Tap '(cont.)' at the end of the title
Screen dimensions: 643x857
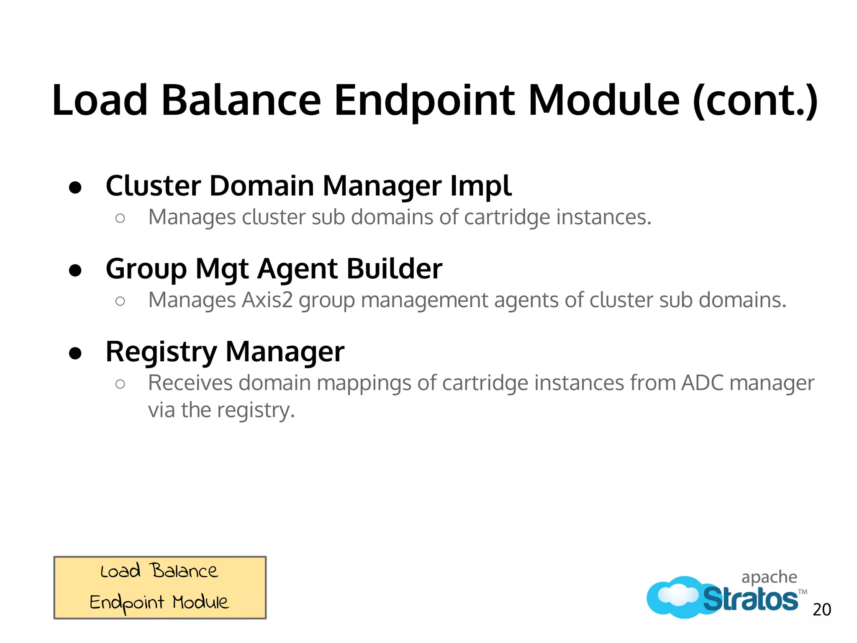(x=755, y=101)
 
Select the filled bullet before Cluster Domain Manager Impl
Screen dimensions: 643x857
(x=75, y=187)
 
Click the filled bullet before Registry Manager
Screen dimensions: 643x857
(x=75, y=353)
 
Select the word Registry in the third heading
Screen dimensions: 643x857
(x=161, y=352)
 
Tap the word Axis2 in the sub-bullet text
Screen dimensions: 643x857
(x=267, y=300)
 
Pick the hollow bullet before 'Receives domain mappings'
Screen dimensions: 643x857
(x=120, y=384)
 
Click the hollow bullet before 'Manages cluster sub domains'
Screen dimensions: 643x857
(x=120, y=218)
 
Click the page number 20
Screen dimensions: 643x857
(x=822, y=610)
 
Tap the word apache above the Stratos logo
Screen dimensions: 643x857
(x=769, y=577)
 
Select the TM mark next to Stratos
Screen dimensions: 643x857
(x=802, y=592)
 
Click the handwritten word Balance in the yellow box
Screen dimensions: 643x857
(x=184, y=571)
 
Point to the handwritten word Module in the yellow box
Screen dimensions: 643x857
(x=201, y=602)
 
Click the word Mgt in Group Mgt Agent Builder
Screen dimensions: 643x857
(x=222, y=269)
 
